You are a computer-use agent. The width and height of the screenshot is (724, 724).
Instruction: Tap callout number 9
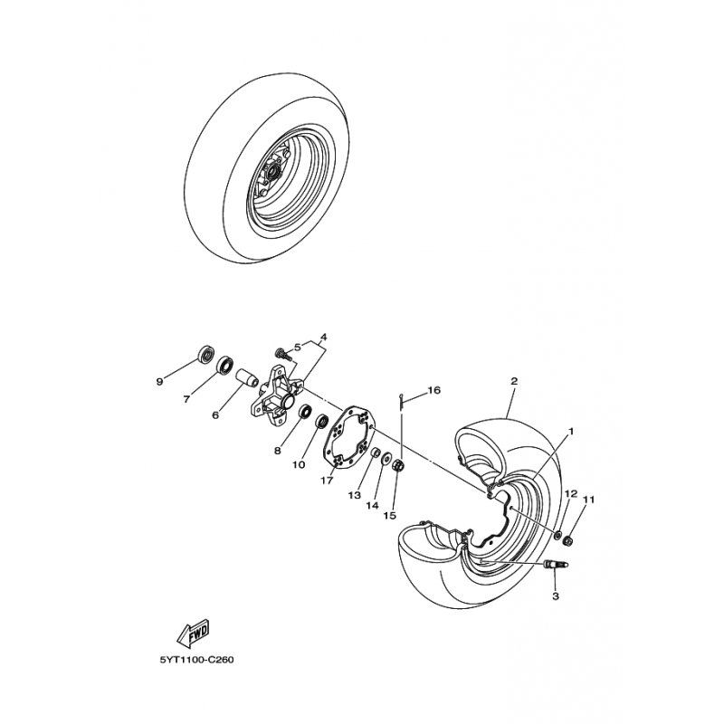pyautogui.click(x=160, y=382)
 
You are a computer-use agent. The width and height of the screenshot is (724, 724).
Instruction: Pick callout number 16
pyautogui.click(x=434, y=390)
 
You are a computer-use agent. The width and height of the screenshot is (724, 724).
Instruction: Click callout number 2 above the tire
pyautogui.click(x=514, y=381)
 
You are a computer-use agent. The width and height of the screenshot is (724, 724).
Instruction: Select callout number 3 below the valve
pyautogui.click(x=556, y=596)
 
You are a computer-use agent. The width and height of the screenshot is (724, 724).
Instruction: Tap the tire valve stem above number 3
pyautogui.click(x=557, y=564)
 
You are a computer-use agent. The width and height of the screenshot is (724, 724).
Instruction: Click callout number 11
pyautogui.click(x=589, y=500)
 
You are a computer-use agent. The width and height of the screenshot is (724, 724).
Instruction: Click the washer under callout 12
pyautogui.click(x=557, y=535)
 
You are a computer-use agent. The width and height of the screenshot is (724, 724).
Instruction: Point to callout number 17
pyautogui.click(x=327, y=481)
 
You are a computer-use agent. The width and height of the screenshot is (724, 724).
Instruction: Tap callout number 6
pyautogui.click(x=215, y=415)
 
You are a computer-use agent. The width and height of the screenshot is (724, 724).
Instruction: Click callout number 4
pyautogui.click(x=324, y=337)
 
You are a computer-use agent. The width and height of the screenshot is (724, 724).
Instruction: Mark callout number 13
pyautogui.click(x=355, y=495)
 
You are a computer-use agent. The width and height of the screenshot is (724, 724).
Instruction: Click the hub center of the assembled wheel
pyautogui.click(x=272, y=173)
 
